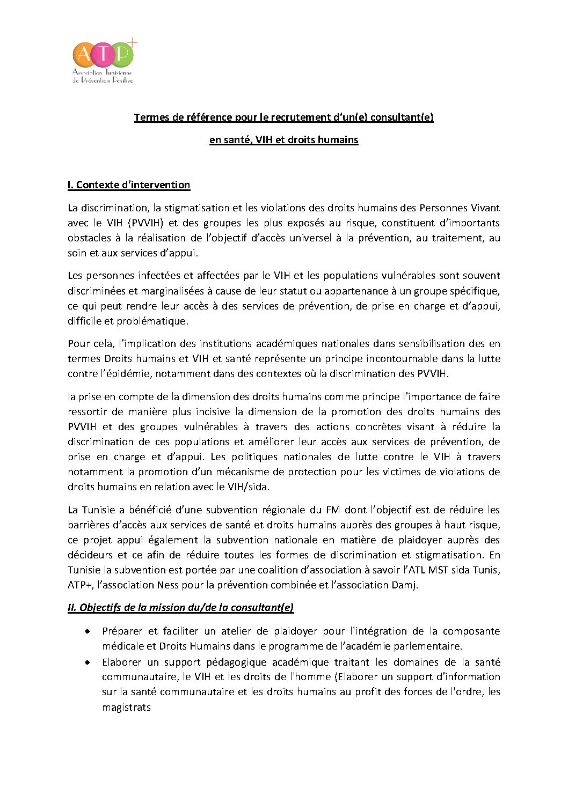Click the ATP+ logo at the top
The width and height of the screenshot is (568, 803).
tap(104, 62)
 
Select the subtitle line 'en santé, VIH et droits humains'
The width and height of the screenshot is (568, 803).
tap(283, 140)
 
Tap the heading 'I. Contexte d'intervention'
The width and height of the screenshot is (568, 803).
tap(129, 185)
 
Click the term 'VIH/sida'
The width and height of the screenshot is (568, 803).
tap(249, 487)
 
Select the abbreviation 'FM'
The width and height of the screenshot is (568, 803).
tap(333, 510)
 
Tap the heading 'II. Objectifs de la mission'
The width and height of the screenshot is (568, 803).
tap(180, 608)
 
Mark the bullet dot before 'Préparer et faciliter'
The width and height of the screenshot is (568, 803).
tap(88, 631)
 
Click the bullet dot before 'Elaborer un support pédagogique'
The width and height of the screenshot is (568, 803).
tap(88, 662)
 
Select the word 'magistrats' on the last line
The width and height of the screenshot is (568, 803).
tap(126, 707)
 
